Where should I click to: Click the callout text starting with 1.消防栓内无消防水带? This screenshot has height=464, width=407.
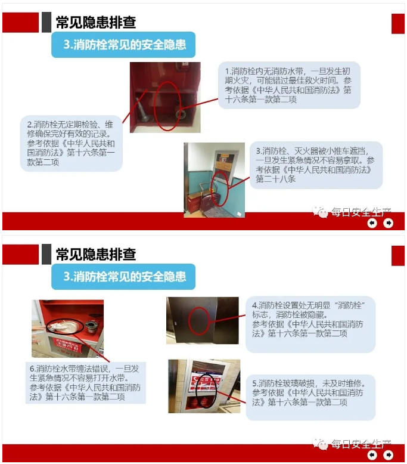coord(288,85)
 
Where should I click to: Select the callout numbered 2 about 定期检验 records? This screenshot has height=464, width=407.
coord(71,143)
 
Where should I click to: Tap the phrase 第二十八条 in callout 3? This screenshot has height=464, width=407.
coord(276,179)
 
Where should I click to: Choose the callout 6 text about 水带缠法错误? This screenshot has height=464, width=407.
coord(85,383)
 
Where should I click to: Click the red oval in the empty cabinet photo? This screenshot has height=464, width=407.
coord(167,106)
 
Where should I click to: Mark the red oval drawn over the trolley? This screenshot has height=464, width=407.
coord(220,188)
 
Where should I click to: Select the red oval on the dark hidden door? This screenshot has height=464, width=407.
coord(199,321)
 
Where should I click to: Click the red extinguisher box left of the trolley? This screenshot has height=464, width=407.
coord(193,203)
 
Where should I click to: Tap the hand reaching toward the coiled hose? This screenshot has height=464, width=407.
coord(40,327)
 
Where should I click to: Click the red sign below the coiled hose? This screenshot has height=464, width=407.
coord(67,347)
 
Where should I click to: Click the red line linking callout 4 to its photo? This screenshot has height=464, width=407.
coord(228,318)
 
